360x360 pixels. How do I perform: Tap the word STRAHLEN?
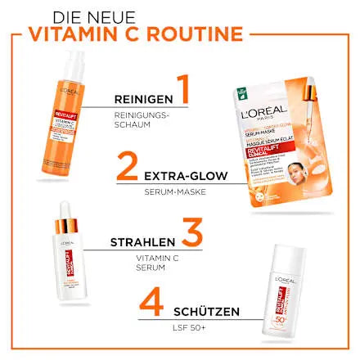click(143, 242)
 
